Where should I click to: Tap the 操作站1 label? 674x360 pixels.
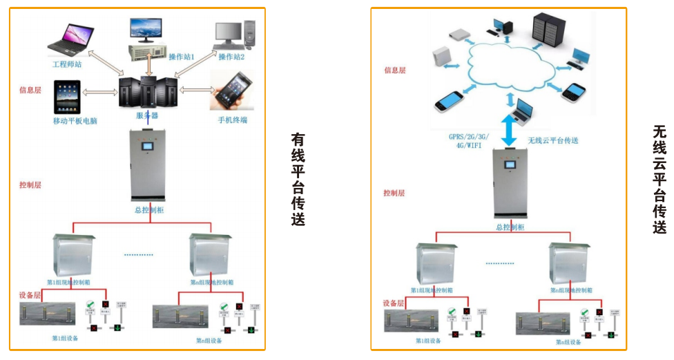pos(183,57)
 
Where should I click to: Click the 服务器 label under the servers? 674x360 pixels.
pos(148,115)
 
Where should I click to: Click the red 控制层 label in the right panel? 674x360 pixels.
pos(394,193)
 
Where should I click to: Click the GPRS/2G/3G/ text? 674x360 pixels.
pos(472,138)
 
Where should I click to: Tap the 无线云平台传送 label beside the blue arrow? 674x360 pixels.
pos(553,141)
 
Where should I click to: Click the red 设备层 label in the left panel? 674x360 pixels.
pos(32,296)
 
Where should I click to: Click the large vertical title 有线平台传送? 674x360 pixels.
pos(298,179)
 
